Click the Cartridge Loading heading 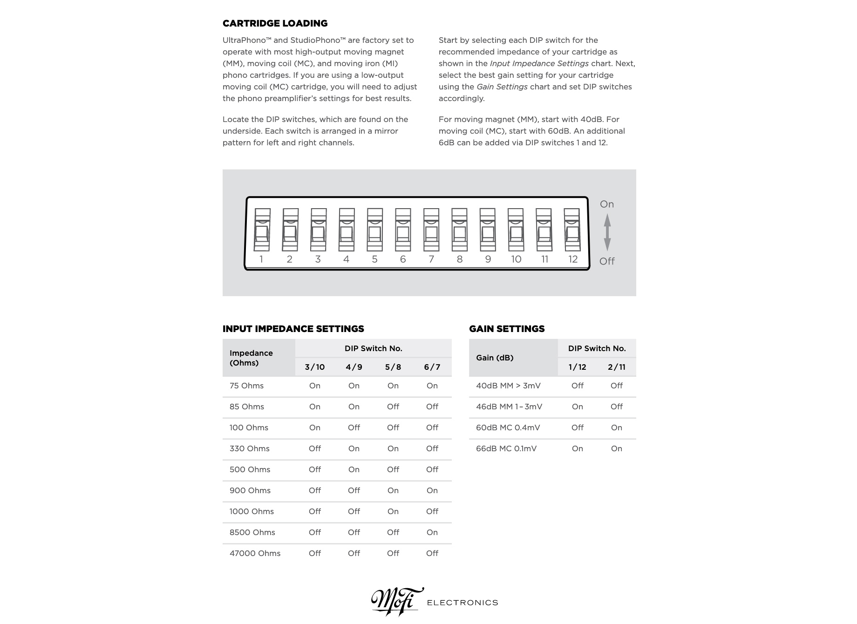(x=275, y=23)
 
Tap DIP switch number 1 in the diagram (x=262, y=230)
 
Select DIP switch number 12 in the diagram (x=572, y=230)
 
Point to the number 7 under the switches (x=431, y=259)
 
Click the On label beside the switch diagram (x=606, y=204)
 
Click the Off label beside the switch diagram (x=607, y=261)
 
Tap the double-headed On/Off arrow (x=607, y=232)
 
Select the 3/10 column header (x=315, y=367)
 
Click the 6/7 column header (x=432, y=367)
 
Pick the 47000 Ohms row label (x=255, y=553)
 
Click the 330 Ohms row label (x=249, y=448)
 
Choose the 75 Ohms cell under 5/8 (x=393, y=386)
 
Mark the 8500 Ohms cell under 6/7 (x=432, y=532)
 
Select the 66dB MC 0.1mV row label (x=506, y=448)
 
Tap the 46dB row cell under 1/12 (x=577, y=407)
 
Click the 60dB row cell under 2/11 (x=616, y=427)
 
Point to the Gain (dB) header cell (x=495, y=358)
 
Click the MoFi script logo (x=397, y=601)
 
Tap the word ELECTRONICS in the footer (x=463, y=603)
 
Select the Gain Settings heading (x=507, y=329)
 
